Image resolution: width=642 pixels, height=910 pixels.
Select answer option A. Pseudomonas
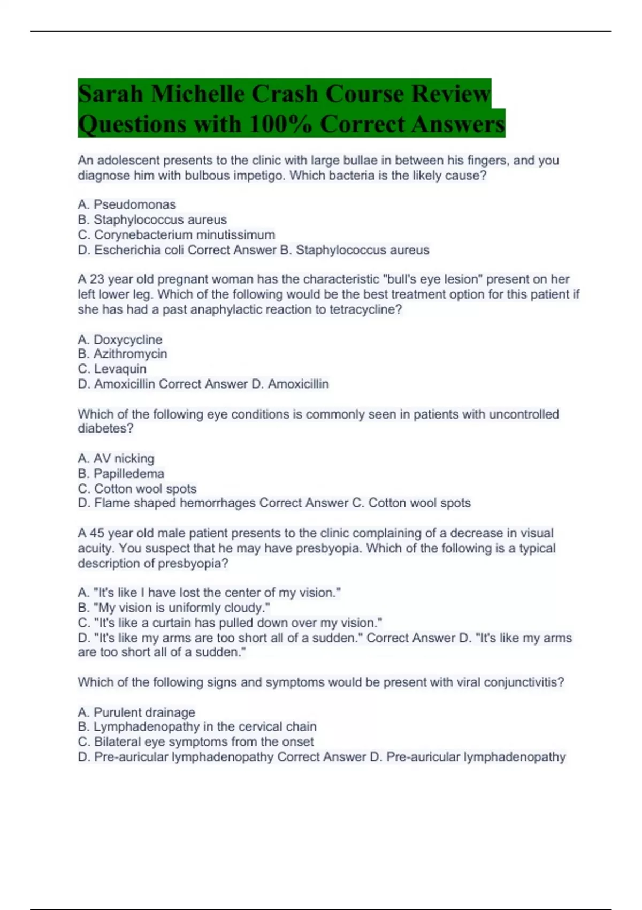127,204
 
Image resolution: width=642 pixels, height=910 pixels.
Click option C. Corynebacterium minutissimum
177,235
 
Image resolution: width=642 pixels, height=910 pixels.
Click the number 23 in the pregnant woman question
97,279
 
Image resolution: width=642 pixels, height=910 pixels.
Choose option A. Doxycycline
120,339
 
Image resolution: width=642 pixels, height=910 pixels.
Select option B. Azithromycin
123,354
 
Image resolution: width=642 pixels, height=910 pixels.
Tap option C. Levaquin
112,369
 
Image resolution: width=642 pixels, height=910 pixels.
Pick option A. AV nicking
116,459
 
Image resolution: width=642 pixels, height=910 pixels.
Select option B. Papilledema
121,474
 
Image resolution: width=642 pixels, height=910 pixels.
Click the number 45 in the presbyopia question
97,533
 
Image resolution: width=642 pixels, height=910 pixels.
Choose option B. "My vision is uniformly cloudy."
174,608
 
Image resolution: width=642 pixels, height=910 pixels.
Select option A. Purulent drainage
136,712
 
